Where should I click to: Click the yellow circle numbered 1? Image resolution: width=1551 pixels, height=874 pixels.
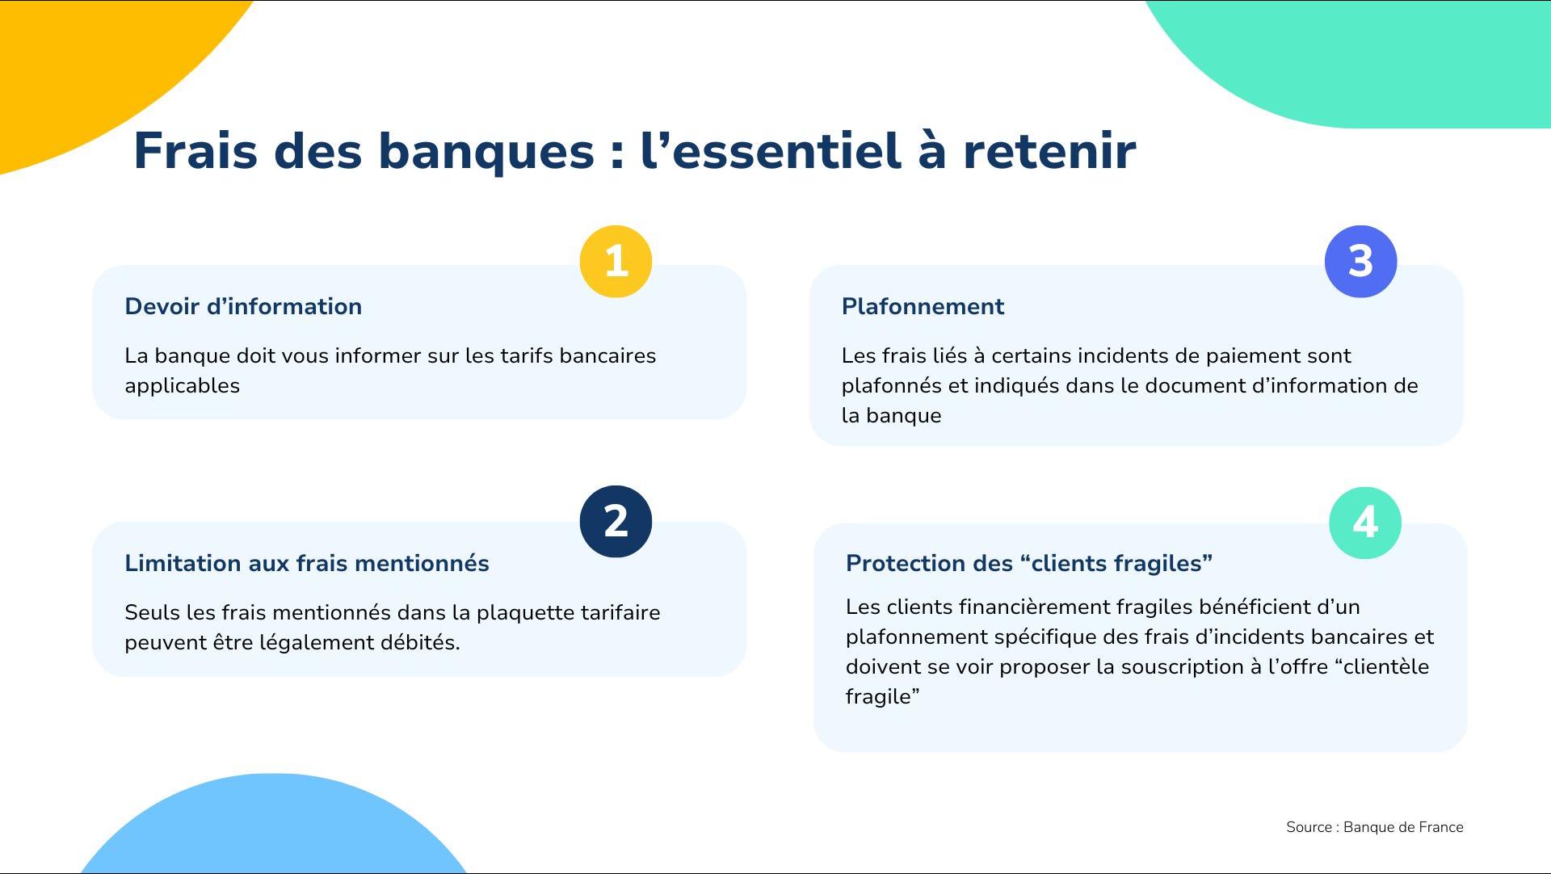(616, 262)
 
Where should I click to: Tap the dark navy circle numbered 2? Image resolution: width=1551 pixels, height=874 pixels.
(616, 521)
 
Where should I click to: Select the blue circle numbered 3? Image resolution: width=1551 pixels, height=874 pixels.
(1360, 262)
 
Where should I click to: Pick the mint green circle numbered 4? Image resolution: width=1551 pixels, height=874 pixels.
(1365, 523)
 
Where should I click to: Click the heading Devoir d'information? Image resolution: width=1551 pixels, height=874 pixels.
(243, 306)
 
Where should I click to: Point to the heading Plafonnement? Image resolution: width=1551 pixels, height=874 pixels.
(923, 306)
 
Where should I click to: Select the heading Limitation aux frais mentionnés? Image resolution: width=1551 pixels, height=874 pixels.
(307, 563)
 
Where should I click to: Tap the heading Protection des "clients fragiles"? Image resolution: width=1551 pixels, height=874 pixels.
(1029, 563)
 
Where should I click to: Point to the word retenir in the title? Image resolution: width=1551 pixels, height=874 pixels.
(1049, 151)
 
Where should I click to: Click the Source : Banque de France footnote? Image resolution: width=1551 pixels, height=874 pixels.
(1375, 827)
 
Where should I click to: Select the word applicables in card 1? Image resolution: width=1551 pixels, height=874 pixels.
(183, 386)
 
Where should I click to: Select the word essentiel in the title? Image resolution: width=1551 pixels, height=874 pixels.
(786, 151)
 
